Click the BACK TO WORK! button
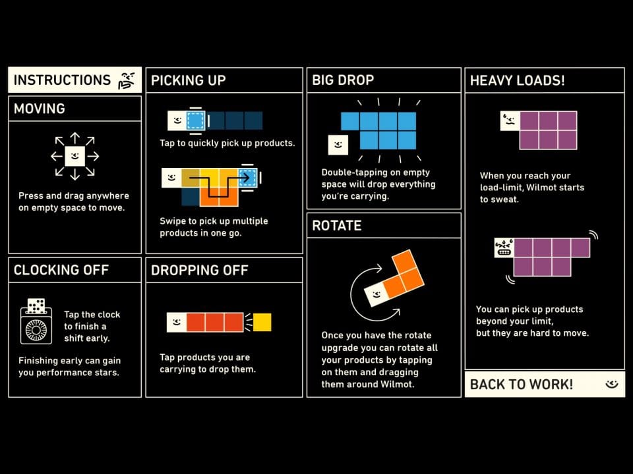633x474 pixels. point(545,384)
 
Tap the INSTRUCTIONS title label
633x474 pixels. point(62,80)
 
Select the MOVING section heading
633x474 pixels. point(39,109)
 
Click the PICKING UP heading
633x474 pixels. point(188,80)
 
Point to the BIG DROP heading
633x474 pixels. point(343,80)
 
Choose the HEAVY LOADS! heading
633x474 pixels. point(517,80)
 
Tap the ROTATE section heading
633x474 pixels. point(337,226)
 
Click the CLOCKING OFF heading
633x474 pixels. point(61,270)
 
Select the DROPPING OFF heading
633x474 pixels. point(199,270)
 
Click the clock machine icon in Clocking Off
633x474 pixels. point(36,322)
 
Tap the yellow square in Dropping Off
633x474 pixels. point(262,322)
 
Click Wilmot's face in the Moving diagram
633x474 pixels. point(75,156)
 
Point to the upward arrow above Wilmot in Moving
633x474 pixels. point(75,138)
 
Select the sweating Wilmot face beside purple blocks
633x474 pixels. point(510,121)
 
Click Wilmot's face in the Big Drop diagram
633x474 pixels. point(338,145)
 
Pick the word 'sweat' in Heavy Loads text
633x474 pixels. point(506,199)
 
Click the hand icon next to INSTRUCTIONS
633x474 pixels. point(127,80)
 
